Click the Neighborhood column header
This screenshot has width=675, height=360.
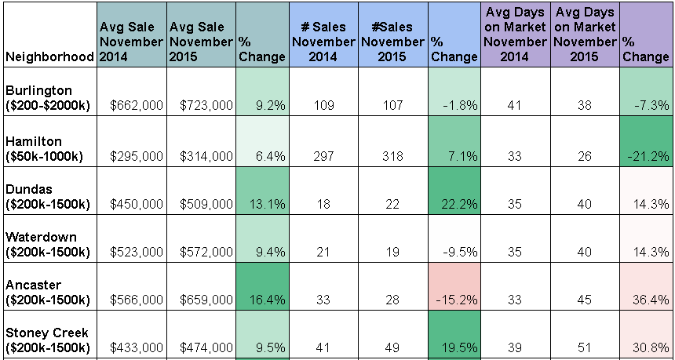pos(49,56)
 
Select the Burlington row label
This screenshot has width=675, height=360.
pos(47,98)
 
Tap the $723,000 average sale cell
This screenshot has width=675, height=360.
pos(206,105)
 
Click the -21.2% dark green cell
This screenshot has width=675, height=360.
pos(646,141)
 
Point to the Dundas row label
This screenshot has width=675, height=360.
pos(47,197)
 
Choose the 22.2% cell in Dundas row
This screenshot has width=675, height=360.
pos(454,191)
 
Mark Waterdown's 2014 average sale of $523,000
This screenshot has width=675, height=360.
pos(137,252)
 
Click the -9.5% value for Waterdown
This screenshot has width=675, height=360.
pos(460,252)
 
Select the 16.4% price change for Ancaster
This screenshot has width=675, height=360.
pos(262,287)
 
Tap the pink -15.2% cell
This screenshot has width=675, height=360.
pos(454,287)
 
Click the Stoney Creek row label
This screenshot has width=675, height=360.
pos(47,340)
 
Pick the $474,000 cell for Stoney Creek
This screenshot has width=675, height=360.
pos(206,347)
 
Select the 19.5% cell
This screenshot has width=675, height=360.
pos(454,335)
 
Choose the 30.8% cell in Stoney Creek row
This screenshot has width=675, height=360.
pos(646,335)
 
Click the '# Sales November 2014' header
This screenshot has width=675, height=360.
pos(323,42)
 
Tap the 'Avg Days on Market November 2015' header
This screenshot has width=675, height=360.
pos(585,35)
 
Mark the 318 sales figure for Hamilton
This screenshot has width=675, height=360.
pos(392,156)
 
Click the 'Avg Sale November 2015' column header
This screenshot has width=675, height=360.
pos(201,42)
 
